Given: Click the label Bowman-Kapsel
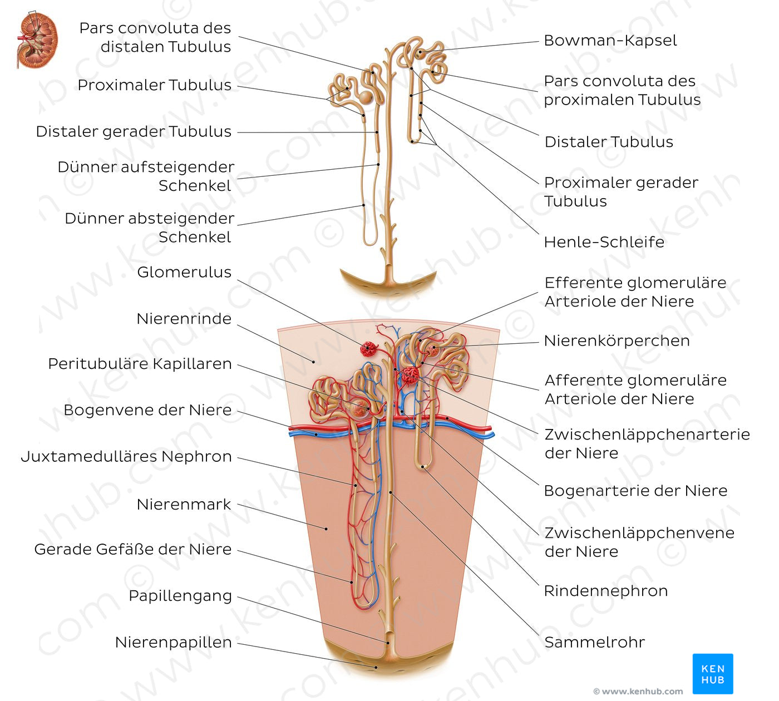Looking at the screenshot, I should pyautogui.click(x=610, y=41).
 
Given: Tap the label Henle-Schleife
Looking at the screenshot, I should pyautogui.click(x=604, y=242).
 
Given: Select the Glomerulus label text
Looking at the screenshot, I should pyautogui.click(x=184, y=272).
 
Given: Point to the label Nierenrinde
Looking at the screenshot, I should pyautogui.click(x=184, y=319).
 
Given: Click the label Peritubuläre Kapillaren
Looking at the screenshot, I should pyautogui.click(x=140, y=364).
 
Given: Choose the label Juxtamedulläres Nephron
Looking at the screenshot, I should pyautogui.click(x=126, y=457).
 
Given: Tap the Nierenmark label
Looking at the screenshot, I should pyautogui.click(x=184, y=505).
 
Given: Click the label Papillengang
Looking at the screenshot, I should pyautogui.click(x=180, y=596).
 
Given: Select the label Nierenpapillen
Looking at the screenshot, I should pyautogui.click(x=173, y=643).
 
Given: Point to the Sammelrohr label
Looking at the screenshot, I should pyautogui.click(x=594, y=643).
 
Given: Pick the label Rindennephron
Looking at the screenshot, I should pyautogui.click(x=605, y=591).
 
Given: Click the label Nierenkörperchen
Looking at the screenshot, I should pyautogui.click(x=617, y=340).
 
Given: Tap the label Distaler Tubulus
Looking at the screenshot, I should pyautogui.click(x=609, y=142).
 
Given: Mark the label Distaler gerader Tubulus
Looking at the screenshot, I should pyautogui.click(x=134, y=132).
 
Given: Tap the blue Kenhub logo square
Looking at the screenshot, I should pyautogui.click(x=713, y=674).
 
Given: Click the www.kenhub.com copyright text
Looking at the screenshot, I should pyautogui.click(x=638, y=692).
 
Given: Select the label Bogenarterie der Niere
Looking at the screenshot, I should pyautogui.click(x=635, y=491).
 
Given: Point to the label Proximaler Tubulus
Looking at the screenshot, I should pyautogui.click(x=154, y=85).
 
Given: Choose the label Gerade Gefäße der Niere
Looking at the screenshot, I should pyautogui.click(x=133, y=550).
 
